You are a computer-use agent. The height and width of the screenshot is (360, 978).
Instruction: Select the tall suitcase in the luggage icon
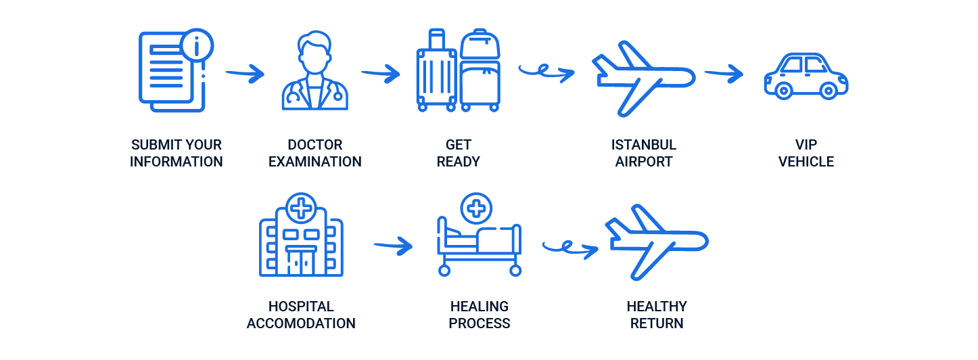click(436, 72)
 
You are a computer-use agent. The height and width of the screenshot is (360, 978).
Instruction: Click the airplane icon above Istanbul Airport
click(642, 78)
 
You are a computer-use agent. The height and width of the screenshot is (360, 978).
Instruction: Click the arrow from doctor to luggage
click(381, 74)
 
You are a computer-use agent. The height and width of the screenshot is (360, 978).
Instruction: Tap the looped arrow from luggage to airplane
click(546, 71)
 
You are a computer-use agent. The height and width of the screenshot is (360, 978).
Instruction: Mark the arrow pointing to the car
click(723, 73)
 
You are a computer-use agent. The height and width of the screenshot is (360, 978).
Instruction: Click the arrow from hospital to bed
click(393, 245)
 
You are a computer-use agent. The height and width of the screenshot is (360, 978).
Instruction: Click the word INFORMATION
click(177, 162)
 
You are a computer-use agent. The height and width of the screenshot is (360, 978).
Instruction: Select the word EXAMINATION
click(315, 162)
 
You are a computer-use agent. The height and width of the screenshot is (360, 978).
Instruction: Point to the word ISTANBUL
click(643, 145)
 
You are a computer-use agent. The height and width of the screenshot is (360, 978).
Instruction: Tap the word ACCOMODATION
click(301, 323)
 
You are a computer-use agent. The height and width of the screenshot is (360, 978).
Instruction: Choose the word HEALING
click(479, 307)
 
